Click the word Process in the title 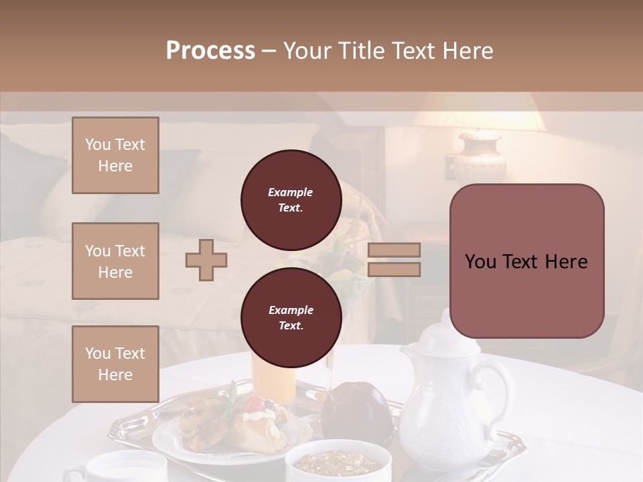(x=210, y=51)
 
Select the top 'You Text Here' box (x=115, y=155)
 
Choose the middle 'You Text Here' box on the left (x=115, y=261)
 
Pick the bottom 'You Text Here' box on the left (x=115, y=364)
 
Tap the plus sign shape (x=206, y=260)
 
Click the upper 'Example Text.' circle (x=291, y=199)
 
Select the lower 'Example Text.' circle (x=291, y=317)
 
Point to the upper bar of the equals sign (x=395, y=250)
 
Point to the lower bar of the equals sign (x=395, y=269)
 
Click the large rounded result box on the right (x=526, y=261)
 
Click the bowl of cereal (x=338, y=462)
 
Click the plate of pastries (x=221, y=432)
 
